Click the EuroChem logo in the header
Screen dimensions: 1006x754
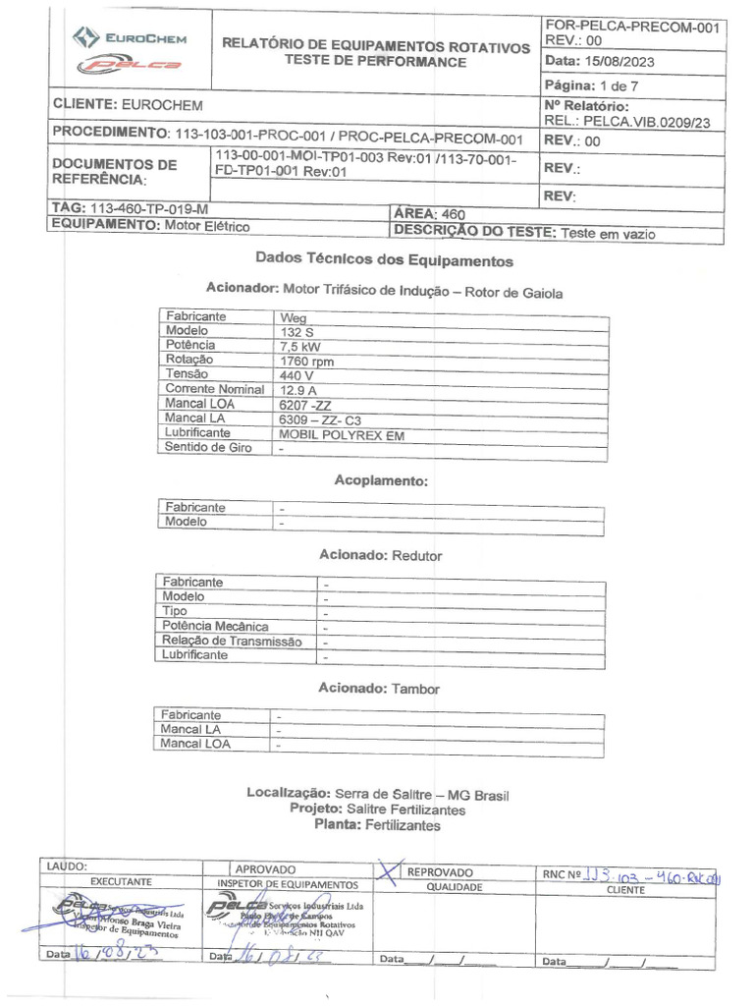point(132,38)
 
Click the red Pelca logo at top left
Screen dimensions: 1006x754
point(132,65)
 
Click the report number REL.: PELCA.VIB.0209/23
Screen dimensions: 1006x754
point(626,123)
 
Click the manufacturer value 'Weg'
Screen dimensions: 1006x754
point(293,317)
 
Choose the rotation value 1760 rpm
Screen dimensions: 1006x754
point(306,361)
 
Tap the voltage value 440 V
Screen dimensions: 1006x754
point(296,375)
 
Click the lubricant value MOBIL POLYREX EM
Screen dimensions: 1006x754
point(341,433)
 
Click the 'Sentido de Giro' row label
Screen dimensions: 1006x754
point(208,448)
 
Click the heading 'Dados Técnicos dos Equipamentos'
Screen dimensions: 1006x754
point(384,260)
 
